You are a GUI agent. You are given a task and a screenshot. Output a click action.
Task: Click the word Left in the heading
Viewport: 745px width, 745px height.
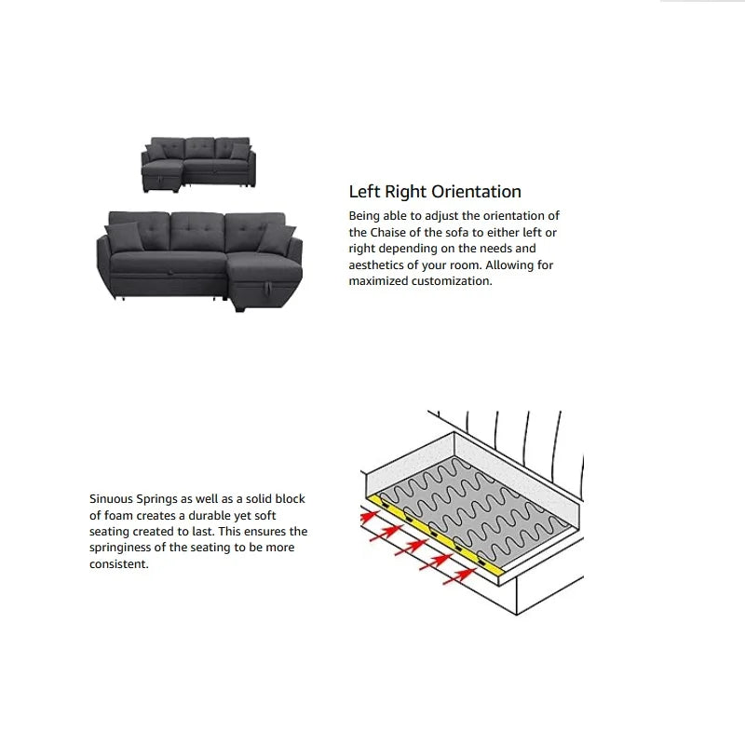364,192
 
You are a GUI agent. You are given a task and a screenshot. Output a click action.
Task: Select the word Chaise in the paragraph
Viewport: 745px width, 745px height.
388,232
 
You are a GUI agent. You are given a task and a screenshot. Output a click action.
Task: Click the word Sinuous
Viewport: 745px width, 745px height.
111,499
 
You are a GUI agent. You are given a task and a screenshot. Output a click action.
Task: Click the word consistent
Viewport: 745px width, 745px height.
119,564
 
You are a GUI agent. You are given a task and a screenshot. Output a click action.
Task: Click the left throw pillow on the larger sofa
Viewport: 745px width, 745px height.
125,237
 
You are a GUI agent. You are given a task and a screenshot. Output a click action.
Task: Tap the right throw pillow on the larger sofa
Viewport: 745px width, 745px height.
277,239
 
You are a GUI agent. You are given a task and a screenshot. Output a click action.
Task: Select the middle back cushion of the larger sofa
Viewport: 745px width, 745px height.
197,231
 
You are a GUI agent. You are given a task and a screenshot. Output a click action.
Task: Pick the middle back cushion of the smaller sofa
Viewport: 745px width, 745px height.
199,148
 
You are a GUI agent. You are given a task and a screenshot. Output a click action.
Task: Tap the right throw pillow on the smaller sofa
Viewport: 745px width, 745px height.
240,152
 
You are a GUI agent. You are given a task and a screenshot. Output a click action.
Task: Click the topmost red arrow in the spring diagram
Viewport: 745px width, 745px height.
371,517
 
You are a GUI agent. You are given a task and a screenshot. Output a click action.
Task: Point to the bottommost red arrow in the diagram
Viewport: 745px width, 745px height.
460,577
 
